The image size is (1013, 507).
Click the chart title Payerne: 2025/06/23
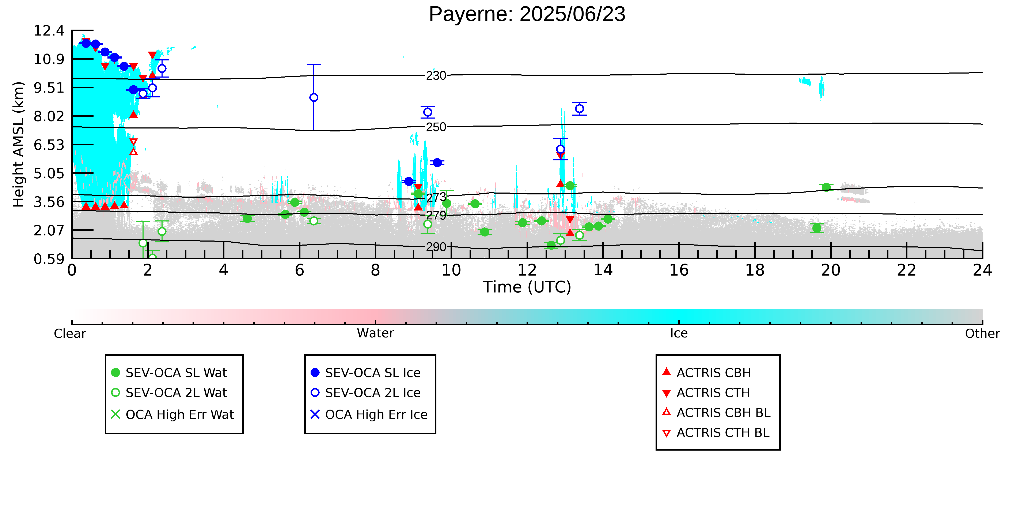[x=527, y=14]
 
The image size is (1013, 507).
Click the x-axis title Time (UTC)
[x=527, y=287]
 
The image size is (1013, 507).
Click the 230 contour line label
[x=436, y=76]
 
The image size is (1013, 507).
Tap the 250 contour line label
[x=436, y=127]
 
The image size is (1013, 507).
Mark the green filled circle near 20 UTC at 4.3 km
[x=826, y=187]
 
